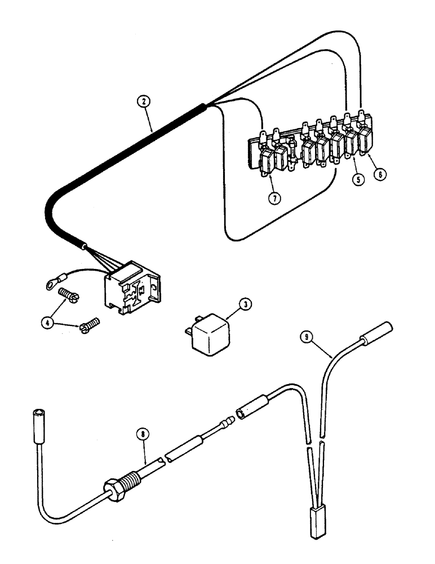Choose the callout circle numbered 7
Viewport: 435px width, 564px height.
pyautogui.click(x=274, y=199)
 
